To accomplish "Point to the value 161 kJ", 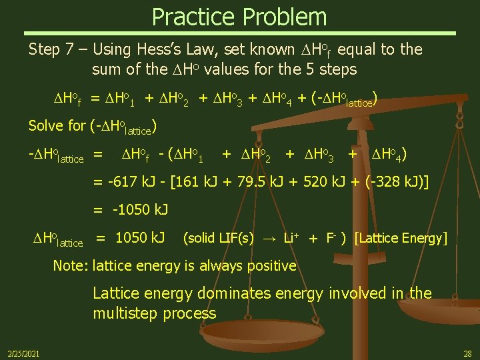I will pyautogui.click(x=197, y=183).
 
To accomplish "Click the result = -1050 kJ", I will pyautogui.click(x=131, y=210).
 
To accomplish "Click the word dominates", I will pyautogui.click(x=249, y=293).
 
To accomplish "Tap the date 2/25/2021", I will pyautogui.click(x=23, y=353).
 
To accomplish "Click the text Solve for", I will pyautogui.click(x=56, y=125).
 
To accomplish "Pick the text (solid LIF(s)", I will pyautogui.click(x=218, y=238).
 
